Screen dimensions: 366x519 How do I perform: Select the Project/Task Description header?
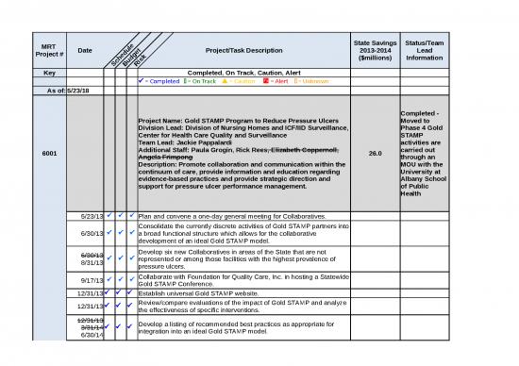pyautogui.click(x=238, y=50)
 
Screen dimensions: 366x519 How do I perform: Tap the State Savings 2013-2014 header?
pyautogui.click(x=375, y=50)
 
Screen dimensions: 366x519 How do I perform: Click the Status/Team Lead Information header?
pyautogui.click(x=424, y=50)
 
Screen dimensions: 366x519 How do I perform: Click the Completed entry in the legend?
pyautogui.click(x=169, y=81)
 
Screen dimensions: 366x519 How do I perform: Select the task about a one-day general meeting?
pyautogui.click(x=230, y=217)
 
